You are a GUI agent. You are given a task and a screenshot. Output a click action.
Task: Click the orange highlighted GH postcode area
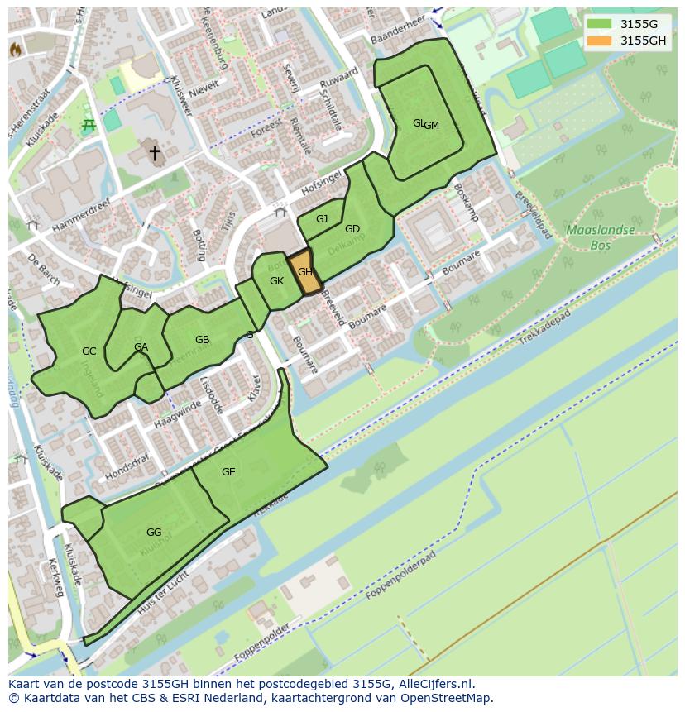[x=304, y=271]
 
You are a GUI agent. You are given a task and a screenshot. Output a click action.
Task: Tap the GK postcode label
[x=276, y=281]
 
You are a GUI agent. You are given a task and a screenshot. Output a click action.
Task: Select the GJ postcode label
[x=322, y=219]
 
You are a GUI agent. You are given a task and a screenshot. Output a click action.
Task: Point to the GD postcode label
[x=352, y=229]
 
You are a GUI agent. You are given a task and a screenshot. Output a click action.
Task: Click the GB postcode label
[x=202, y=340]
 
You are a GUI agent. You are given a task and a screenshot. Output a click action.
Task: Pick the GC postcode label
[x=89, y=351]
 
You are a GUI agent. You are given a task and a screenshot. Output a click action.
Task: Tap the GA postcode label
[x=141, y=347]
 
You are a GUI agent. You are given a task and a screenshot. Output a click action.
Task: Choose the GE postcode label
[x=228, y=472]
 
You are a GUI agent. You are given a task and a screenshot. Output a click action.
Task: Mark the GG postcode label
[x=154, y=532]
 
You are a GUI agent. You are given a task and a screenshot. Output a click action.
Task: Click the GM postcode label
[x=432, y=126]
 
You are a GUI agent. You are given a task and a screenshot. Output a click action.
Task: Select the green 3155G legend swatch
[x=599, y=24]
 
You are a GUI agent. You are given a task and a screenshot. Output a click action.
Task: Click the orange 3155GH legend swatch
[x=599, y=41]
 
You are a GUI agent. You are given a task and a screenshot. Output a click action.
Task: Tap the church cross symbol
[x=155, y=153]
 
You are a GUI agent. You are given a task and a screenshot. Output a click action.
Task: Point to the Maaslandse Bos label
[x=601, y=237]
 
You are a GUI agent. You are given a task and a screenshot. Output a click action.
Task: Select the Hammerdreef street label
[x=80, y=219]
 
